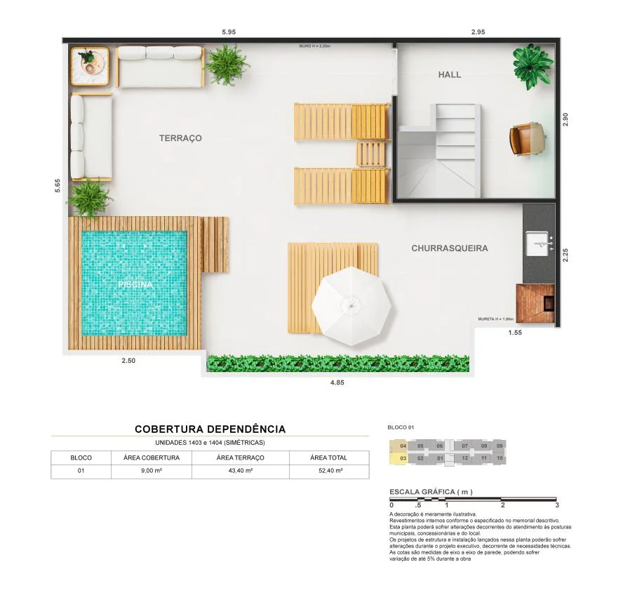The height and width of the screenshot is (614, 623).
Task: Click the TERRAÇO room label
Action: click(180, 138)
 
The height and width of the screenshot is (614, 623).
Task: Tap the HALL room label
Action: click(450, 74)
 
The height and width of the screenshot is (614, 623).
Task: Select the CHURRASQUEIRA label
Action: click(449, 248)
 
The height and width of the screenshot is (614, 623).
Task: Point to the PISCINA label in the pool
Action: click(135, 285)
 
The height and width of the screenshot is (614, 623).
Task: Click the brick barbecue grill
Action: click(536, 303)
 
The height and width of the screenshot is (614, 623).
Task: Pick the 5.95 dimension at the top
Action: click(229, 32)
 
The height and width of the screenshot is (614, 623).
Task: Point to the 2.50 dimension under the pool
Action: click(128, 361)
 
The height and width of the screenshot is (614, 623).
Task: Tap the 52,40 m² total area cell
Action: click(329, 471)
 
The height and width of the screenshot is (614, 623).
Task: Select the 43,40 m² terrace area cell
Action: click(235, 471)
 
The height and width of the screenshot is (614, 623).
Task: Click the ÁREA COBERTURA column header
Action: click(151, 458)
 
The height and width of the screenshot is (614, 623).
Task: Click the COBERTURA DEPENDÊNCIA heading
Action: click(210, 429)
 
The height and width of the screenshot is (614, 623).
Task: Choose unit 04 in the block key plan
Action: click(403, 446)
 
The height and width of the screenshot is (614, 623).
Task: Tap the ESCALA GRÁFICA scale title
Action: click(431, 492)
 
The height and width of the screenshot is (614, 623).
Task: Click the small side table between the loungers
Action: click(370, 154)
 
